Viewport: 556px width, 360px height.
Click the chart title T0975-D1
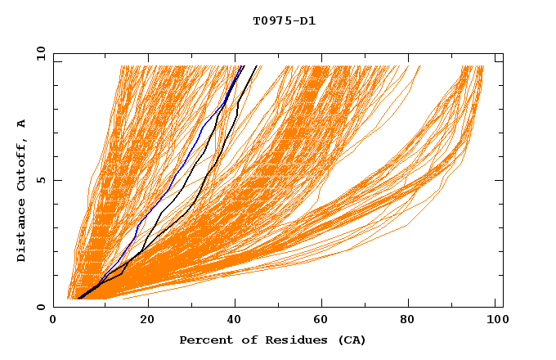pyautogui.click(x=285, y=21)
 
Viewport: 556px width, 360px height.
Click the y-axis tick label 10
pyautogui.click(x=40, y=53)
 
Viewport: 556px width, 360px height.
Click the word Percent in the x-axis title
pyautogui.click(x=203, y=340)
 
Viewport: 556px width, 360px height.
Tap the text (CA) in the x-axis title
pyautogui.click(x=352, y=340)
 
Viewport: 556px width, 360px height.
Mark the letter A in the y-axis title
pyautogui.click(x=22, y=123)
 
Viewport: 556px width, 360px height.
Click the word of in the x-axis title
pyautogui.click(x=241, y=340)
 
